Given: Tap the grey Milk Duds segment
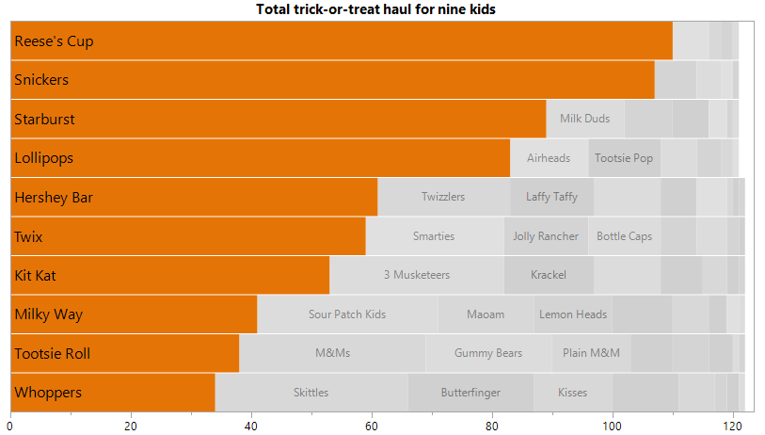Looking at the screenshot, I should [584, 119].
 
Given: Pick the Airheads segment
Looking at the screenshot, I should [549, 158].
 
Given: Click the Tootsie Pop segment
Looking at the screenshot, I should [624, 158].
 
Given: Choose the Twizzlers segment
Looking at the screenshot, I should [443, 197].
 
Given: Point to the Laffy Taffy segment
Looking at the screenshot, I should [552, 197].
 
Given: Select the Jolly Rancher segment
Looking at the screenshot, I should [546, 236].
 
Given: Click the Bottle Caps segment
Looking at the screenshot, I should [624, 236].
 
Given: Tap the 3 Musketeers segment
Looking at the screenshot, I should [417, 275].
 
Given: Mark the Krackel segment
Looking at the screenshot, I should [549, 275].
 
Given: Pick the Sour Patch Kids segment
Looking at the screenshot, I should [347, 314].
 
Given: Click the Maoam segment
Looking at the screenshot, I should [486, 314].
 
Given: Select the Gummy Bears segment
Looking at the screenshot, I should [488, 353].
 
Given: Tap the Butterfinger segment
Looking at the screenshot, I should [470, 393].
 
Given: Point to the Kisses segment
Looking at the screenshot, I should [572, 393].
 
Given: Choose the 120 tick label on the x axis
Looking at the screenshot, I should [733, 426].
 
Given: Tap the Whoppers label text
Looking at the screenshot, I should [48, 393].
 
